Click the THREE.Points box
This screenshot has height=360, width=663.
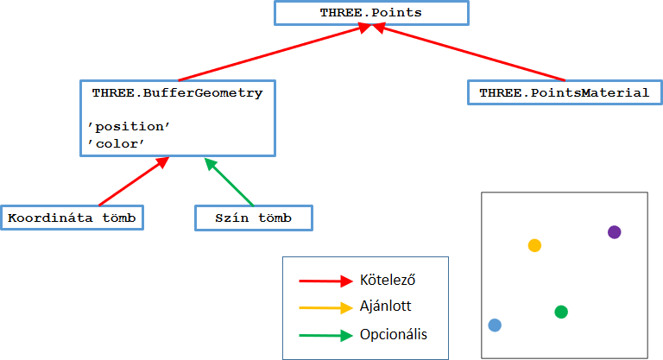tap(371, 14)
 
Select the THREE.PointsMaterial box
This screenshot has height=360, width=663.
tap(565, 92)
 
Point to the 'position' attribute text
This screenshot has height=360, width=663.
tap(129, 127)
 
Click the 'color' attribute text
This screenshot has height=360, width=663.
tap(114, 143)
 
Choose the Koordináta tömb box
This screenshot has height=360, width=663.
tap(72, 218)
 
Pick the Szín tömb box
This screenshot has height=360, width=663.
tap(253, 218)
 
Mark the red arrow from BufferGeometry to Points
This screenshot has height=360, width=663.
tap(272, 54)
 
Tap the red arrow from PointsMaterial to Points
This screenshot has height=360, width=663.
tap(470, 54)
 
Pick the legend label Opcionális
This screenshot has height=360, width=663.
tap(394, 334)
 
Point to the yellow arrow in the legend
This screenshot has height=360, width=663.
tap(325, 307)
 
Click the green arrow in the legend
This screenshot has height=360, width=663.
tap(325, 335)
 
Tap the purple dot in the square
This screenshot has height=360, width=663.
tap(614, 231)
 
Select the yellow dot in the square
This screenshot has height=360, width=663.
tap(534, 245)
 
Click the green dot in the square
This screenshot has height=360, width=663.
tap(561, 312)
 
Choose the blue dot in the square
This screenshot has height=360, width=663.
tap(495, 325)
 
